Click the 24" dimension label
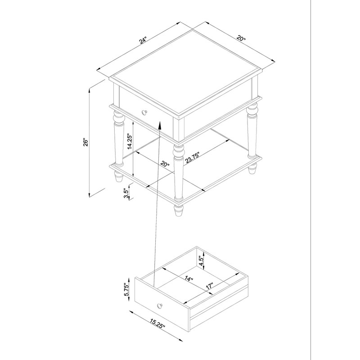[143, 41]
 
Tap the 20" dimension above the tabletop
[242, 40]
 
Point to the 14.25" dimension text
[129, 141]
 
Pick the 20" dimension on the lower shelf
[165, 166]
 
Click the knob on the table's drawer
[144, 112]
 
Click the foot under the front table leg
[179, 211]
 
